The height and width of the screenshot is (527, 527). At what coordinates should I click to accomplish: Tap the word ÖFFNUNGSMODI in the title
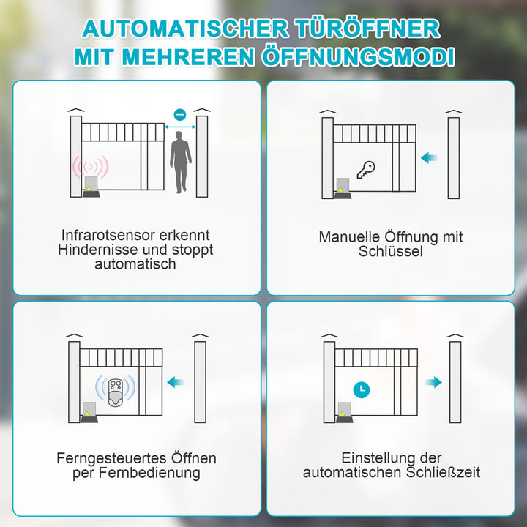pyautogui.click(x=358, y=56)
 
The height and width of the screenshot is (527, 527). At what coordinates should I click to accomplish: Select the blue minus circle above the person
pyautogui.click(x=180, y=114)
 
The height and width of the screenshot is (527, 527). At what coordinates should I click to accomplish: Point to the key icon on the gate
pyautogui.click(x=366, y=170)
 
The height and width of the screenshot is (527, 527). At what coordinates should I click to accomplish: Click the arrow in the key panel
pyautogui.click(x=430, y=157)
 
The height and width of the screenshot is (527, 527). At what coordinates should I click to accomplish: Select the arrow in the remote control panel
pyautogui.click(x=176, y=381)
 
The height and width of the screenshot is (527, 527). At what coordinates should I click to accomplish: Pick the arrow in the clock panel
pyautogui.click(x=433, y=381)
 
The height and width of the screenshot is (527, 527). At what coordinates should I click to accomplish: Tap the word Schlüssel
pyautogui.click(x=391, y=252)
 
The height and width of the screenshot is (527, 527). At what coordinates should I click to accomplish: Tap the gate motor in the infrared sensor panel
pyautogui.click(x=92, y=187)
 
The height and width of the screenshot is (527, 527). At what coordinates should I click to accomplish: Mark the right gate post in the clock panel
pyautogui.click(x=455, y=381)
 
